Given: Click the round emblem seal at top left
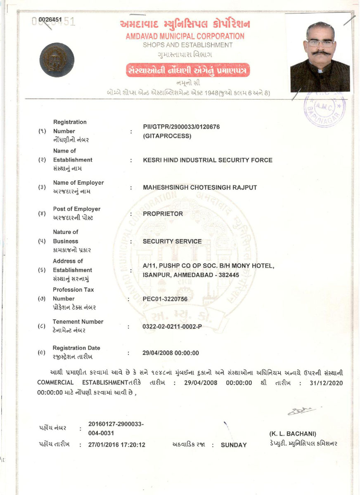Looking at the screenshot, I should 57,60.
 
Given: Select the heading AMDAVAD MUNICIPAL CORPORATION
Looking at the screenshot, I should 185,36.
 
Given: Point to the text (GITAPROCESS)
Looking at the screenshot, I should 167,136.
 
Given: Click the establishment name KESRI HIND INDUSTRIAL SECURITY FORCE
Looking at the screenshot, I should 207,160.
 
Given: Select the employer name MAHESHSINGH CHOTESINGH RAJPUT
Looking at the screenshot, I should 200,187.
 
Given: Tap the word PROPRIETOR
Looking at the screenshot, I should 163,214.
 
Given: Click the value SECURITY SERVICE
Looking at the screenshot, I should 172,241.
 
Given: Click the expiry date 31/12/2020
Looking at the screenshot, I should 324,383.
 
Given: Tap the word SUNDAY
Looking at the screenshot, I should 234,445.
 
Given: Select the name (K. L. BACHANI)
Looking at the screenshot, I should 293,434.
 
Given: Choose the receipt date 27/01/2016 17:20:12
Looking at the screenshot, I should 117,445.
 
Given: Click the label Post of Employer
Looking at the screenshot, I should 76,209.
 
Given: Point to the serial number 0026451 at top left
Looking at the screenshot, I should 50,20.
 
